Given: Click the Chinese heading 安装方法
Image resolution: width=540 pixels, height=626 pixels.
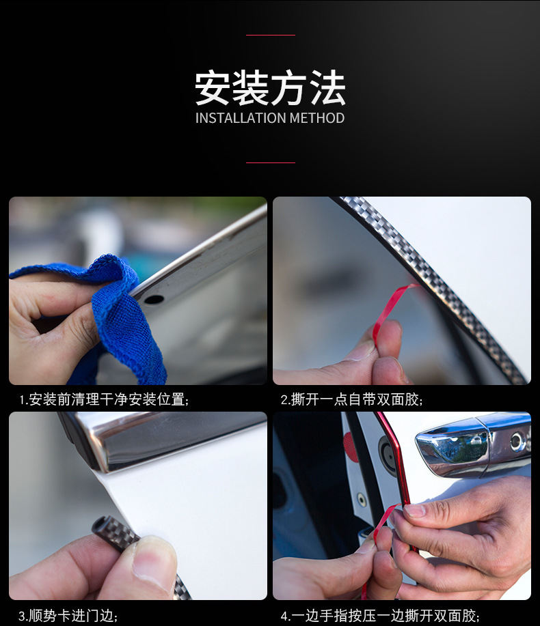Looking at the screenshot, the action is click(x=270, y=88).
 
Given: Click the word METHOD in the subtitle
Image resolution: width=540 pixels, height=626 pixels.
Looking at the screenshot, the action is click(x=317, y=118).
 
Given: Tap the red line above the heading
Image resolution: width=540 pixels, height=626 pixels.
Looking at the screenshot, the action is click(x=271, y=35).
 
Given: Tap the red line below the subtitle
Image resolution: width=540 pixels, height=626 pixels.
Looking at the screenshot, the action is click(x=271, y=163).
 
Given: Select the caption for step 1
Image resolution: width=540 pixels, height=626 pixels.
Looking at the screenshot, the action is click(x=105, y=399).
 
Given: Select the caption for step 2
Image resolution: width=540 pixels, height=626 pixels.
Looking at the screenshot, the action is click(x=352, y=399).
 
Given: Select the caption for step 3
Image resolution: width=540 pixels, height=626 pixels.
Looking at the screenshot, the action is click(x=68, y=616).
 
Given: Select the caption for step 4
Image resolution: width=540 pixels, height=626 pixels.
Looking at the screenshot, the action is click(x=380, y=616).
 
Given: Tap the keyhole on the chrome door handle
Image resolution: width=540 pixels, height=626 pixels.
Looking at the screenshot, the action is click(x=516, y=442).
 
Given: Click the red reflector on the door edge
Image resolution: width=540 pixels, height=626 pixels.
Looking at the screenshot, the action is click(x=351, y=446).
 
